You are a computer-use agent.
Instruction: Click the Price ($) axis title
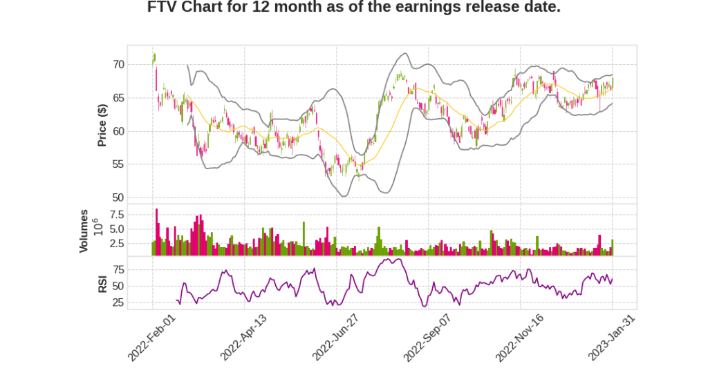pyautogui.click(x=102, y=124)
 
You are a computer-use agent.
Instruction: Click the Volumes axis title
pyautogui.click(x=84, y=230)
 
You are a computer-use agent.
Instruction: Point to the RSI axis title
pyautogui.click(x=102, y=284)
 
